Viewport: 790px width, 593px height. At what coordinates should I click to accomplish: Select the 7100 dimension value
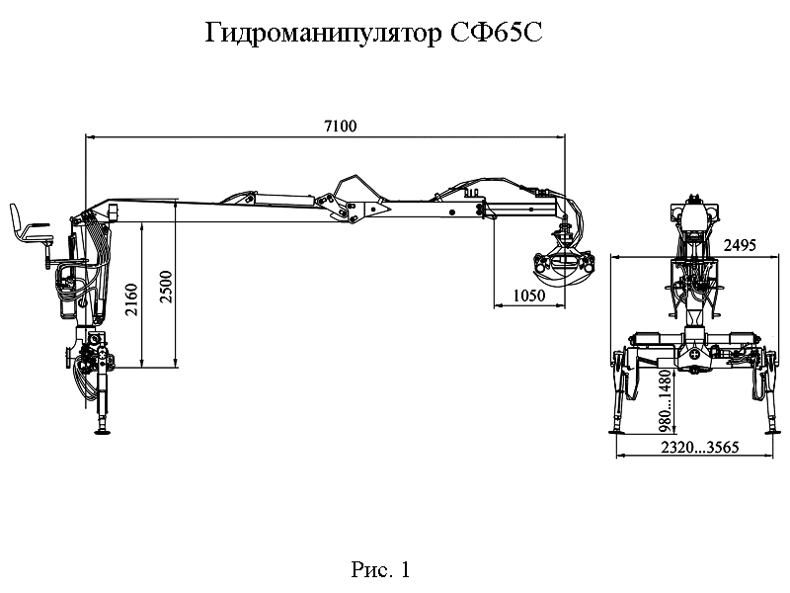tap(340, 127)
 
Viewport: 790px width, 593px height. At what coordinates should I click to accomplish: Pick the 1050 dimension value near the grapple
tap(529, 296)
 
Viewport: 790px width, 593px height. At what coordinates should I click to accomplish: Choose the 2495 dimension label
tap(741, 244)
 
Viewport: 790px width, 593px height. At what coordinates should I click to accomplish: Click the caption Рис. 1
tap(379, 570)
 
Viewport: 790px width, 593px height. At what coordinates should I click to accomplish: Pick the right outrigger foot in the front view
tap(768, 427)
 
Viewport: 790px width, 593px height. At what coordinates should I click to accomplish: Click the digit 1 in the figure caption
tap(403, 570)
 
